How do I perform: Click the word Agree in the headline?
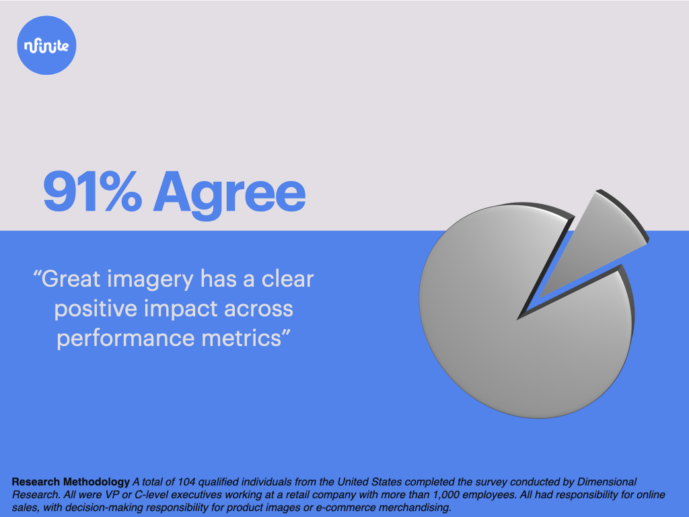[229, 192]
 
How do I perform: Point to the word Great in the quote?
[71, 279]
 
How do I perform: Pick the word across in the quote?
[262, 309]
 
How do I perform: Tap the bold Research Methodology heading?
[71, 482]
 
